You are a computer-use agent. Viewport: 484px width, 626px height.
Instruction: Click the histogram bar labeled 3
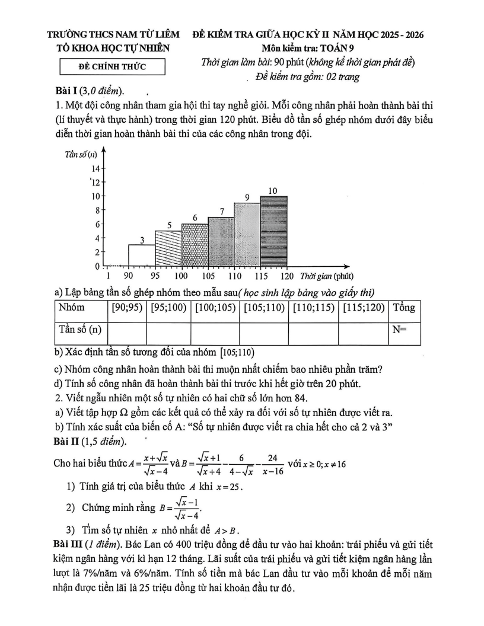point(142,255)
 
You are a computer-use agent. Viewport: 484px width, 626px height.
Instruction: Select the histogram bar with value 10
point(273,231)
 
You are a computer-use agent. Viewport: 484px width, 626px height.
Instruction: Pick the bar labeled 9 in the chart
point(247,234)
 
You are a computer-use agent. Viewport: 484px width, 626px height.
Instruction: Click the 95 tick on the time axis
point(155,276)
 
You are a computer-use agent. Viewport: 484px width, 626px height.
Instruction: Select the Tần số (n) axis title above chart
point(81,155)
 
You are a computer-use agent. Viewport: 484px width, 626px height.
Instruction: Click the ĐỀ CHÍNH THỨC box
point(112,66)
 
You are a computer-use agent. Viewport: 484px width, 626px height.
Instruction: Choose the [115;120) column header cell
point(362,308)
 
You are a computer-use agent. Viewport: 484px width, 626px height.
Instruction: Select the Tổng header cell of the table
point(404,308)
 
